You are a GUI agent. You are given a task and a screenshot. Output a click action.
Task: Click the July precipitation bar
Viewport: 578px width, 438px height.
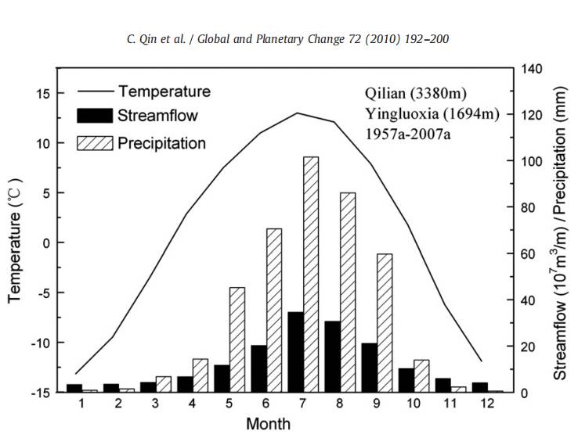tap(311, 274)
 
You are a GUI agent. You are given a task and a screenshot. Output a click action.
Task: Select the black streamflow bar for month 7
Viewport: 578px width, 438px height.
tap(295, 352)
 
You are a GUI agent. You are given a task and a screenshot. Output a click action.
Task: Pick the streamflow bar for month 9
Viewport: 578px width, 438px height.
tap(369, 368)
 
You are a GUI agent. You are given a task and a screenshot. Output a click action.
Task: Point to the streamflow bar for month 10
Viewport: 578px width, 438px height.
tap(406, 379)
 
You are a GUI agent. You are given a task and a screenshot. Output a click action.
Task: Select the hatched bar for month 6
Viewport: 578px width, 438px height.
tap(274, 310)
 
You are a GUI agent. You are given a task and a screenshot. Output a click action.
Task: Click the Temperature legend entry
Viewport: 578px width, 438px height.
tap(164, 91)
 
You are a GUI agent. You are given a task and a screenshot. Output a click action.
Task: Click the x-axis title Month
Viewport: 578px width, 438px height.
tap(269, 424)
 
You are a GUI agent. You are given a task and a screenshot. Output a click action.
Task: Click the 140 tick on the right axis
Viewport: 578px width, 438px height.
tap(533, 69)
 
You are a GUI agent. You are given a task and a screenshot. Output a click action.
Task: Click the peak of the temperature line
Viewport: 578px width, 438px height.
tap(298, 113)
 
